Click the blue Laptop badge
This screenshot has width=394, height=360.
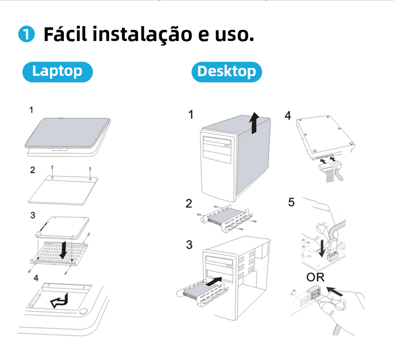point(58,72)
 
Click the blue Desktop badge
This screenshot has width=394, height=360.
point(226,72)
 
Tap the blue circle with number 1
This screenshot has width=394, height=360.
point(27,34)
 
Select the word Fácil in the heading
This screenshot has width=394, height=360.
point(66,34)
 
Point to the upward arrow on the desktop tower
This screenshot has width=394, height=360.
point(254,123)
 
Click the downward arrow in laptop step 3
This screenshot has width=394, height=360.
point(63,250)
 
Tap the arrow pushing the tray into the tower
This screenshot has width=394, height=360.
point(214,281)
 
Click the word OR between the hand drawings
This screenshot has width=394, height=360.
point(315,278)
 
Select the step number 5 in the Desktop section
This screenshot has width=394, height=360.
point(291,202)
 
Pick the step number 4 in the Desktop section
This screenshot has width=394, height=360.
point(288,116)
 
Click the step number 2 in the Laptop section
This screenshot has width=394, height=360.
point(33,170)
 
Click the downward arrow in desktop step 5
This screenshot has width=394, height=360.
point(322,249)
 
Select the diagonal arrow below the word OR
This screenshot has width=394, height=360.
point(334,292)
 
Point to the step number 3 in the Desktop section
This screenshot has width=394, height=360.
point(189,244)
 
